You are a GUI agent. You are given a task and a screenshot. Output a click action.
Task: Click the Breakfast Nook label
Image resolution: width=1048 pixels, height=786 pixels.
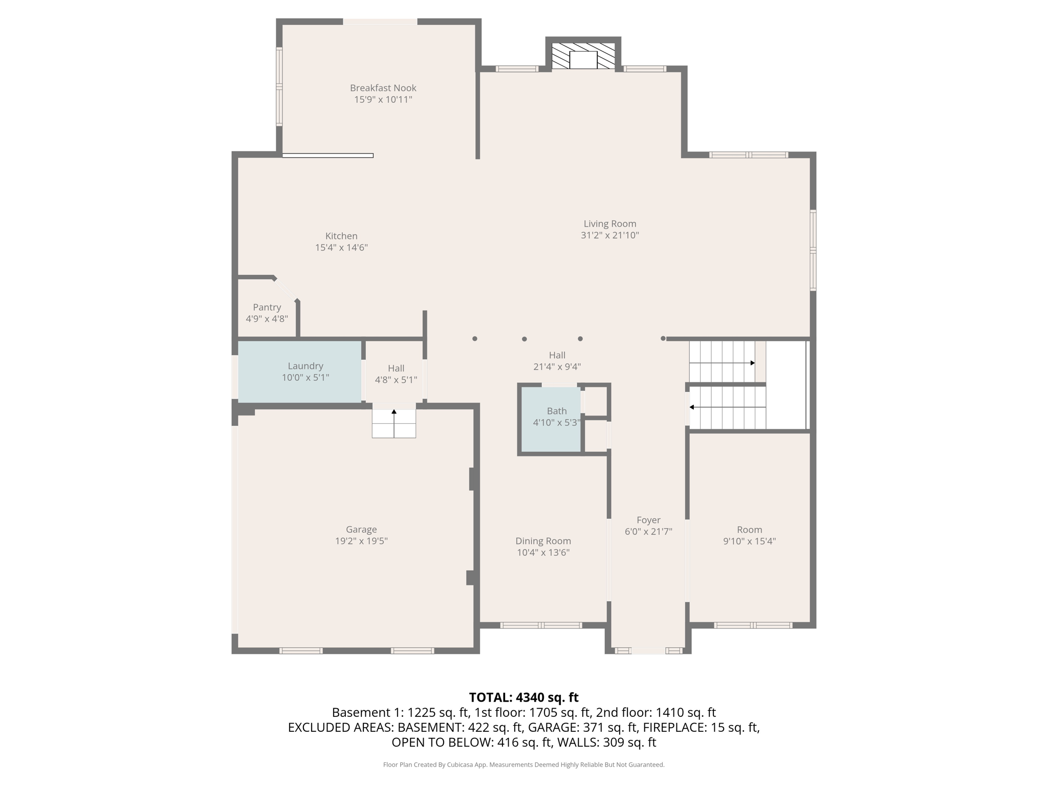tap(383, 88)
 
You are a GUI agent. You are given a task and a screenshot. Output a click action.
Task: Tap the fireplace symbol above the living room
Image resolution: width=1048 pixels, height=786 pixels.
tap(583, 56)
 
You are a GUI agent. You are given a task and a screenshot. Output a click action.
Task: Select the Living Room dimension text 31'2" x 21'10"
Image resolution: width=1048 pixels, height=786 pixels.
tap(610, 235)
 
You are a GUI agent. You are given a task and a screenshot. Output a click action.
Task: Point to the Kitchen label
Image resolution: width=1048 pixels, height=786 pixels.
tap(341, 236)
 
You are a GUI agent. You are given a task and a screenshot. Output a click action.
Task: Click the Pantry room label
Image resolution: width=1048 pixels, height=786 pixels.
tap(267, 307)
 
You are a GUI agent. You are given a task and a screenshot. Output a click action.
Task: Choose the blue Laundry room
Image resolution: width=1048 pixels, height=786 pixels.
tap(300, 372)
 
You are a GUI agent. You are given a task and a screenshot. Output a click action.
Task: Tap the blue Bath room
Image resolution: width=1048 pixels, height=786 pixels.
tap(551, 419)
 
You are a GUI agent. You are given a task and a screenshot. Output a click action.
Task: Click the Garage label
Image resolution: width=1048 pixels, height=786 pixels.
tap(361, 530)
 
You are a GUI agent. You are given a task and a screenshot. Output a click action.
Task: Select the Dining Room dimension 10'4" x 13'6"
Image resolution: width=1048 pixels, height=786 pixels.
tap(543, 553)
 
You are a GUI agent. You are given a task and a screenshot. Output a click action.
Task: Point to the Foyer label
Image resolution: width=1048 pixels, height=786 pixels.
tap(648, 520)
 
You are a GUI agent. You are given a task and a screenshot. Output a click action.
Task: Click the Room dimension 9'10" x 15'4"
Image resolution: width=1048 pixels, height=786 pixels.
tap(749, 541)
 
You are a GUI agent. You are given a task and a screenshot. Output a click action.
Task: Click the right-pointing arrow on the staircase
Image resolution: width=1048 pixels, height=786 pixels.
tap(722, 363)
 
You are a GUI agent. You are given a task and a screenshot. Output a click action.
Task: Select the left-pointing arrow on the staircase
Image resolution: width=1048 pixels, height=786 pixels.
tap(728, 407)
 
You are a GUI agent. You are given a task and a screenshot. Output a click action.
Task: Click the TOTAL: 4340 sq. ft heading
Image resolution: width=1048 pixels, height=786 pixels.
tap(523, 697)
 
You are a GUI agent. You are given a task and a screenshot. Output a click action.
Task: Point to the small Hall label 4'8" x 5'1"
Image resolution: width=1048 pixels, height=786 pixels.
tap(396, 374)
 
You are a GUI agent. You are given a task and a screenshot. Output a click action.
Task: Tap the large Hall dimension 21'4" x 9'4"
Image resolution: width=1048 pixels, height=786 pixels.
tap(557, 367)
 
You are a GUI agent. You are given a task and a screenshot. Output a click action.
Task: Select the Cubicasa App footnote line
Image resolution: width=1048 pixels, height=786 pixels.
tap(523, 765)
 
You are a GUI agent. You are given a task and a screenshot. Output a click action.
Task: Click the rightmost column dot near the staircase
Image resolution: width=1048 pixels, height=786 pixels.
tap(663, 338)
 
